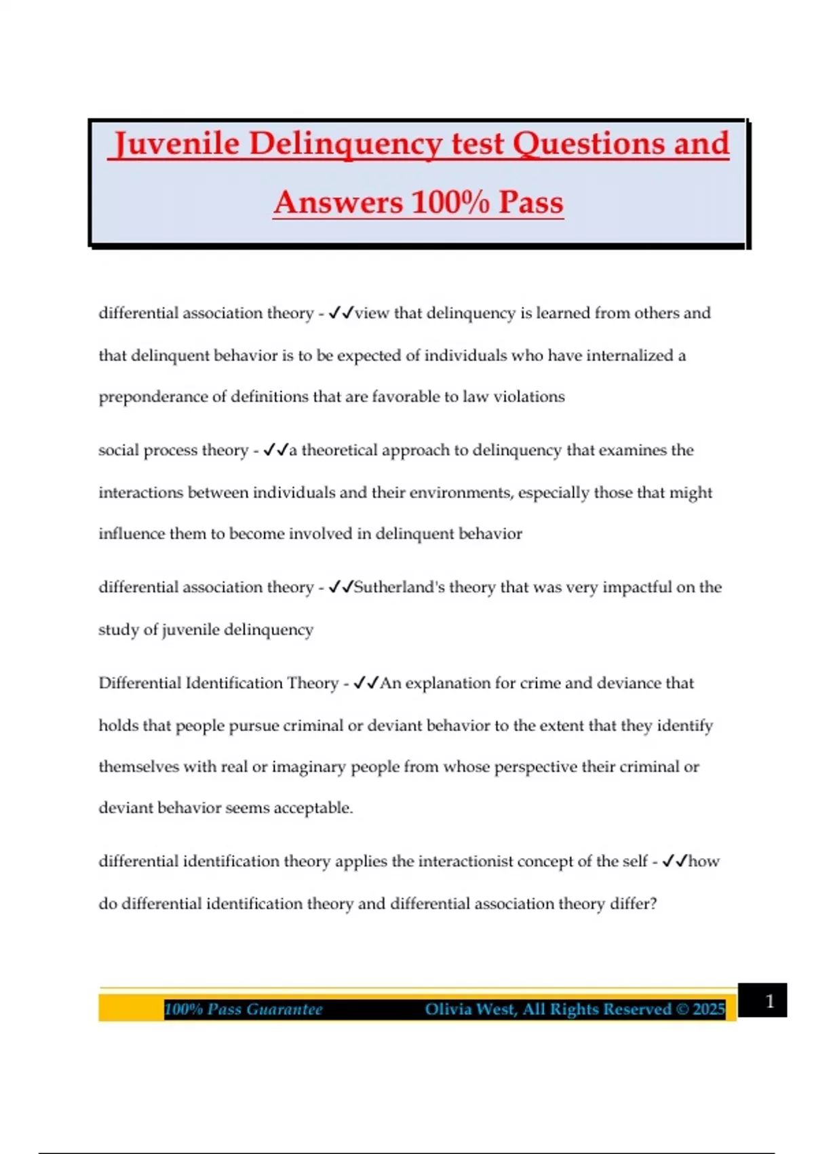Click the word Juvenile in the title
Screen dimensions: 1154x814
point(176,144)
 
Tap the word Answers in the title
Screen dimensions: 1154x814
point(338,202)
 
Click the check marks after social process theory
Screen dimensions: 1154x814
point(275,450)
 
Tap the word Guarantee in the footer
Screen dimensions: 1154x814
point(284,1009)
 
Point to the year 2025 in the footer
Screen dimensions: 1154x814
point(708,1009)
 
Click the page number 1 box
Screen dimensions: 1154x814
point(769,1001)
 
